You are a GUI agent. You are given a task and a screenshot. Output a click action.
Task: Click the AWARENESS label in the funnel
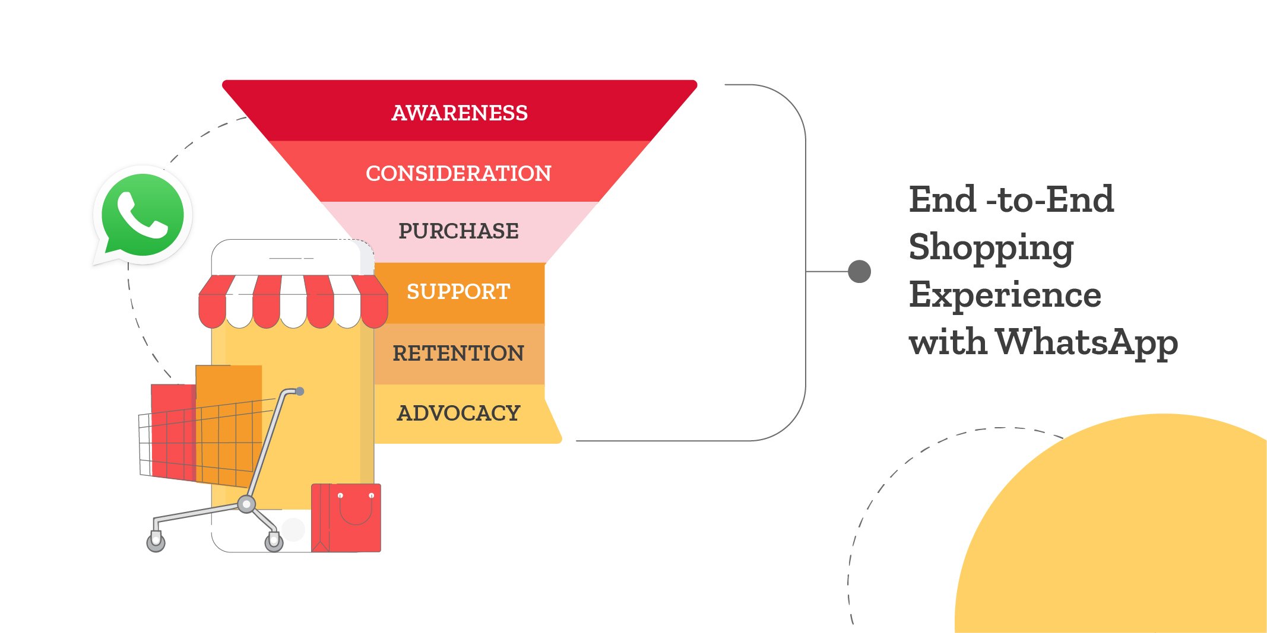click(x=460, y=113)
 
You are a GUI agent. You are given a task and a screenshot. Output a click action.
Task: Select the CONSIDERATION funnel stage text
click(x=458, y=173)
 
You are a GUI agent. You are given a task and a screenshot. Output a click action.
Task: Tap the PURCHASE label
click(x=458, y=231)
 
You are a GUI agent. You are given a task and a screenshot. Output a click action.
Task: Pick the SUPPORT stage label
click(x=458, y=291)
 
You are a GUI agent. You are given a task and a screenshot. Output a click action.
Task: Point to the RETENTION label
click(x=458, y=353)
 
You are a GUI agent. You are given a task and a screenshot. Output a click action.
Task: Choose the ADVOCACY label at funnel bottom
click(x=458, y=413)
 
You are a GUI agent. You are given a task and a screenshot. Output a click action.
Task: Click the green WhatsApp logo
click(x=142, y=215)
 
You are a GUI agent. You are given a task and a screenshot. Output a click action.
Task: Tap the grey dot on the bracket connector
click(x=859, y=271)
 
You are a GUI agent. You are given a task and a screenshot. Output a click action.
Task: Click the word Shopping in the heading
click(x=991, y=247)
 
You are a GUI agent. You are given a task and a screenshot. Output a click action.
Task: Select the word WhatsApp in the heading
click(x=1087, y=342)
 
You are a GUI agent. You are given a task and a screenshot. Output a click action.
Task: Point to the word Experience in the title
click(x=1005, y=295)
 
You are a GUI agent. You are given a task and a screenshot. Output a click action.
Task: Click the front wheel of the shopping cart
click(x=274, y=541)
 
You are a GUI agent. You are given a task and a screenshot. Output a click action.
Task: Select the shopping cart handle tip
click(x=300, y=391)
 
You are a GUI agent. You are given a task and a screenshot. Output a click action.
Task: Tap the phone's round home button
click(x=293, y=529)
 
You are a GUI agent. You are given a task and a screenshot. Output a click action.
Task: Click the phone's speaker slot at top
click(x=291, y=258)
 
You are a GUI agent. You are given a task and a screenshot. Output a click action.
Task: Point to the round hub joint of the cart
click(x=246, y=504)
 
